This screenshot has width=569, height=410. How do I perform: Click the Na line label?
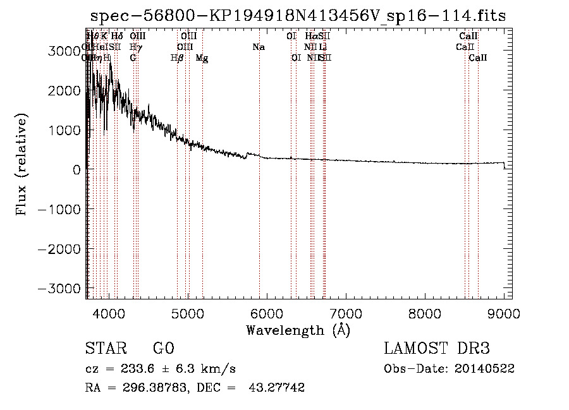pos(258,47)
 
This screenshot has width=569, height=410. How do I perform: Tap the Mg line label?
pos(202,58)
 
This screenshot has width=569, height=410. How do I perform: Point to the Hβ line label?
pos(178,58)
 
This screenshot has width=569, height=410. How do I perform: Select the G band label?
pos(133,58)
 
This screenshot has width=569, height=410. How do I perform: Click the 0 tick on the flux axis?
pos(76,169)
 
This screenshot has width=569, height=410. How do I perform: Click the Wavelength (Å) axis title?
pos(298,330)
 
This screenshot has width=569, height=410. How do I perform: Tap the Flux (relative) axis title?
pos(22,165)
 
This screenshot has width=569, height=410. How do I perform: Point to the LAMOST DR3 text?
pos(437,349)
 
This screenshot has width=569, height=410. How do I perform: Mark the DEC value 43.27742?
pos(278,388)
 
